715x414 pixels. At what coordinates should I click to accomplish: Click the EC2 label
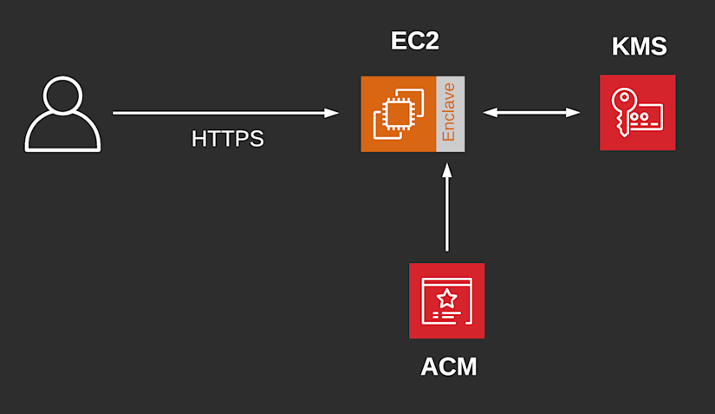tap(414, 41)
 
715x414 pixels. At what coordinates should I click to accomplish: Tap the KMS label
tap(640, 46)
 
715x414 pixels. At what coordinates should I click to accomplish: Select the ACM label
tap(449, 366)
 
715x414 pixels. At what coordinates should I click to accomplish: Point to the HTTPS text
tap(228, 139)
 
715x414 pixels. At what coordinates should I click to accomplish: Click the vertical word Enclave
tap(449, 112)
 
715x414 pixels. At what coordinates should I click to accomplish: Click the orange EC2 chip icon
tap(399, 114)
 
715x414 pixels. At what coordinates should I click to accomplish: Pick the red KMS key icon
tap(638, 113)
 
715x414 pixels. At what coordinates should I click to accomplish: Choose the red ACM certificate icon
tap(447, 301)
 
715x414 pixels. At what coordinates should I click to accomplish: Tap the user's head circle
tap(62, 95)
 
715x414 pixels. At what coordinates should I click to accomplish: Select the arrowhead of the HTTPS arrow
tap(332, 113)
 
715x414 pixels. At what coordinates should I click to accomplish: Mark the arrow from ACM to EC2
tap(447, 207)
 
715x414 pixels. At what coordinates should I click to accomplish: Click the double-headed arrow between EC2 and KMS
tap(531, 112)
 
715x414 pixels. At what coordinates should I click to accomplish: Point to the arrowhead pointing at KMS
tap(573, 112)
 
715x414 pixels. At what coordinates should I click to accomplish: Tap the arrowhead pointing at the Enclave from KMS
tap(491, 112)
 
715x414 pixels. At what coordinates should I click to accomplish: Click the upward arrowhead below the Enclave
tap(447, 171)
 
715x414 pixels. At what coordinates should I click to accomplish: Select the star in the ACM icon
tap(447, 299)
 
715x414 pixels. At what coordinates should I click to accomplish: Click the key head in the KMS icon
tap(624, 99)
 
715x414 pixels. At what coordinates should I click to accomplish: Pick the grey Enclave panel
tap(451, 114)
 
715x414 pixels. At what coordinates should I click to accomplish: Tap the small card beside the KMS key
tap(646, 118)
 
